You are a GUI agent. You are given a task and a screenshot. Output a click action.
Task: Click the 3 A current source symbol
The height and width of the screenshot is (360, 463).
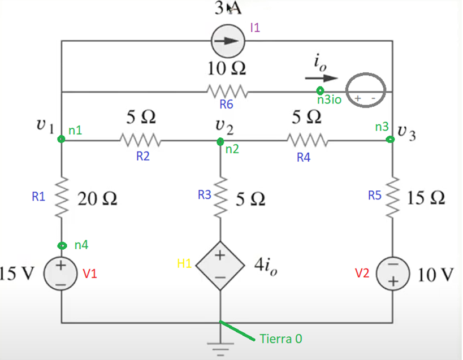point(227,41)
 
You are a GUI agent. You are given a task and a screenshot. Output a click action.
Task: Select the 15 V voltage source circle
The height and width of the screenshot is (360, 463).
point(62,273)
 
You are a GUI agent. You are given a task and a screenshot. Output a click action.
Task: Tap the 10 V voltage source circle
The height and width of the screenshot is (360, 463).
point(391,273)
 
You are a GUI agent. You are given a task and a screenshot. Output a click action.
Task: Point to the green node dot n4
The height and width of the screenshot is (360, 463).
point(62,245)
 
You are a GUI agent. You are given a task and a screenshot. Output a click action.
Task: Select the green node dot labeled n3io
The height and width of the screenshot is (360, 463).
point(320,90)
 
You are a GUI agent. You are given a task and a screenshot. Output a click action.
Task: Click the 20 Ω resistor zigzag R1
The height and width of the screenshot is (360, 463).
point(62,198)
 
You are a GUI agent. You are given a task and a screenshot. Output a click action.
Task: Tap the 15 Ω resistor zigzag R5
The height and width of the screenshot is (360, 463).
point(391,198)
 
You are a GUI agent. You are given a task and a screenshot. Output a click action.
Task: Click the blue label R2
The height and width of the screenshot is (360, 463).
point(142,157)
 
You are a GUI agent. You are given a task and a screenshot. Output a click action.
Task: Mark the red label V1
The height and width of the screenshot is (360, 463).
point(90,274)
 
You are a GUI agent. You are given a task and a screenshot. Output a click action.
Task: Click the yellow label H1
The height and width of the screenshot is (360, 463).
point(185,263)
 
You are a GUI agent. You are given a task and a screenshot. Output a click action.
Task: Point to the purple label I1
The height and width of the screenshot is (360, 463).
point(255,28)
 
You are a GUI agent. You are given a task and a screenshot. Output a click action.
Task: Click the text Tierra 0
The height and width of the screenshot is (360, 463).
point(281,339)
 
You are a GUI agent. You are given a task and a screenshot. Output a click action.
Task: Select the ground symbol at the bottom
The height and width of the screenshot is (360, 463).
point(220,345)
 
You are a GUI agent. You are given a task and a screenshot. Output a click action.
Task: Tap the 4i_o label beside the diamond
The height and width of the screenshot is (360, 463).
point(266,268)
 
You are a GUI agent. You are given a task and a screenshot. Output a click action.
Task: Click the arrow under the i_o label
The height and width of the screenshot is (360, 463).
point(322,78)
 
